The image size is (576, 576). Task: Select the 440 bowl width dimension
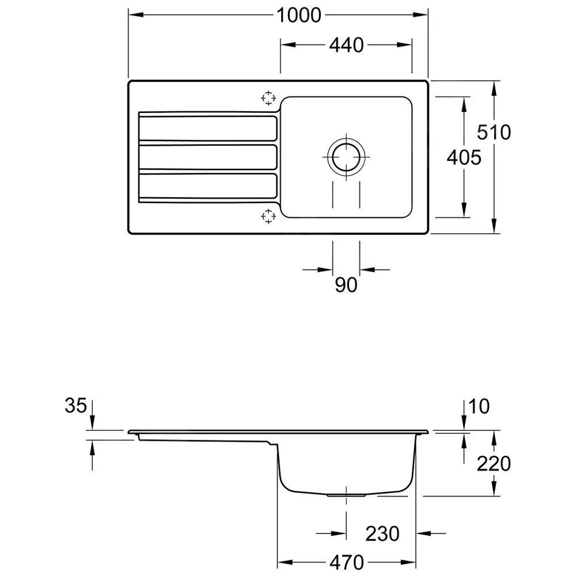click(347, 45)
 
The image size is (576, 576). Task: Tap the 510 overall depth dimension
click(494, 132)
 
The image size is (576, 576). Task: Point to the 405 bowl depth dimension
click(464, 157)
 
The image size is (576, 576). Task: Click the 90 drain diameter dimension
click(346, 284)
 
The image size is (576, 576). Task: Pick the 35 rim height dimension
click(75, 406)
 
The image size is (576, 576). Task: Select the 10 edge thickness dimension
click(479, 407)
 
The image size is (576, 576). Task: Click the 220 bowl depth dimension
click(494, 463)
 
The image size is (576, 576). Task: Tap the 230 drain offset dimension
click(382, 533)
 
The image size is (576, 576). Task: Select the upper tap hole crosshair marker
click(268, 98)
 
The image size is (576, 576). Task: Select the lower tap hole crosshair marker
click(268, 216)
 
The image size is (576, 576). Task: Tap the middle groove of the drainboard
click(207, 157)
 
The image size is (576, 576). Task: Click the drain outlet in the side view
click(346, 494)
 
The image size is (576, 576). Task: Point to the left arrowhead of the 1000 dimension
click(132, 16)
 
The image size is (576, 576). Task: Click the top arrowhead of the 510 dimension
click(494, 86)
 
